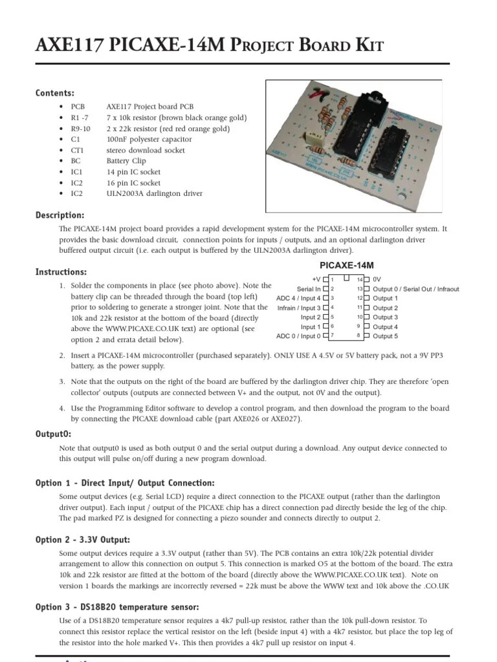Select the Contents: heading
[55, 93]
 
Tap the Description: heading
[60, 215]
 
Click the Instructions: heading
[61, 272]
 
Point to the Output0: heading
[54, 434]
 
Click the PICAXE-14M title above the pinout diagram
[347, 265]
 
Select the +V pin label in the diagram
[316, 279]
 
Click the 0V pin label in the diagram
[377, 279]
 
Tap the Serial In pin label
[309, 289]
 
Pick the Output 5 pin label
[386, 336]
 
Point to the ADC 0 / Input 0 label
[298, 336]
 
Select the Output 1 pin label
[386, 299]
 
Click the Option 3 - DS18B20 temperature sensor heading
[117, 607]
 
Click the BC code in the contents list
[76, 161]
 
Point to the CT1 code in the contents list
[78, 150]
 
